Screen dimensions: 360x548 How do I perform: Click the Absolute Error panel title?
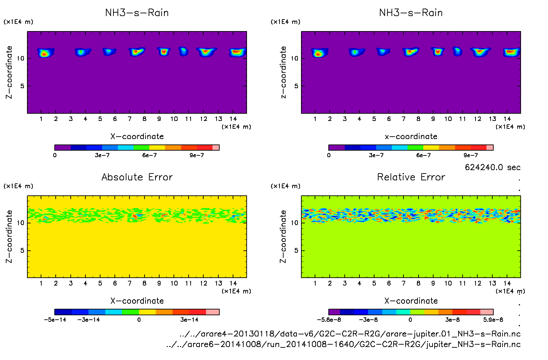point(137,177)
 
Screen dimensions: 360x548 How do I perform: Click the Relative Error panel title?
point(411,177)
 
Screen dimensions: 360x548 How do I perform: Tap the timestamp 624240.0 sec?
point(492,167)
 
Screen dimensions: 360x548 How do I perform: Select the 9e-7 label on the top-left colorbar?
point(197,155)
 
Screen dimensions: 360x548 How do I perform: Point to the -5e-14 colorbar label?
point(55,320)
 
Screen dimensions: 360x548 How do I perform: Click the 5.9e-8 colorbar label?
point(493,320)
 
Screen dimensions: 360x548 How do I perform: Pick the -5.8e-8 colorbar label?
point(329,320)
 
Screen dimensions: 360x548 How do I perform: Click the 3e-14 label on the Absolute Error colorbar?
point(189,320)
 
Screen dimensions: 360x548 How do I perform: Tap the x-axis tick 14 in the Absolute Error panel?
point(233,283)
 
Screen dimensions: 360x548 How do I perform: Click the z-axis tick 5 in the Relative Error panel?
point(296,250)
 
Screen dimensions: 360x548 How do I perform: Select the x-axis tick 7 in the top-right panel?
point(403,119)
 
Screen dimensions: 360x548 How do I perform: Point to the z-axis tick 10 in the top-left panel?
point(20,58)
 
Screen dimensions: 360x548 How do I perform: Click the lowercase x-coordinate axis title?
point(411,137)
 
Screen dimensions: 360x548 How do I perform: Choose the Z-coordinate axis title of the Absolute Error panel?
point(9,236)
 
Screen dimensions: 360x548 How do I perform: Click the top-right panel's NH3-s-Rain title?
point(411,13)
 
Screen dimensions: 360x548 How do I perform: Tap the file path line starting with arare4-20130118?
point(350,334)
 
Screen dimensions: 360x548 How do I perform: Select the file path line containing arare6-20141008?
point(343,344)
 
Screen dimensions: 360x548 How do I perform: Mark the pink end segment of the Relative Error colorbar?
point(487,312)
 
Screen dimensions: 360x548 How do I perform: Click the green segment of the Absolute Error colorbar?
point(131,312)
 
